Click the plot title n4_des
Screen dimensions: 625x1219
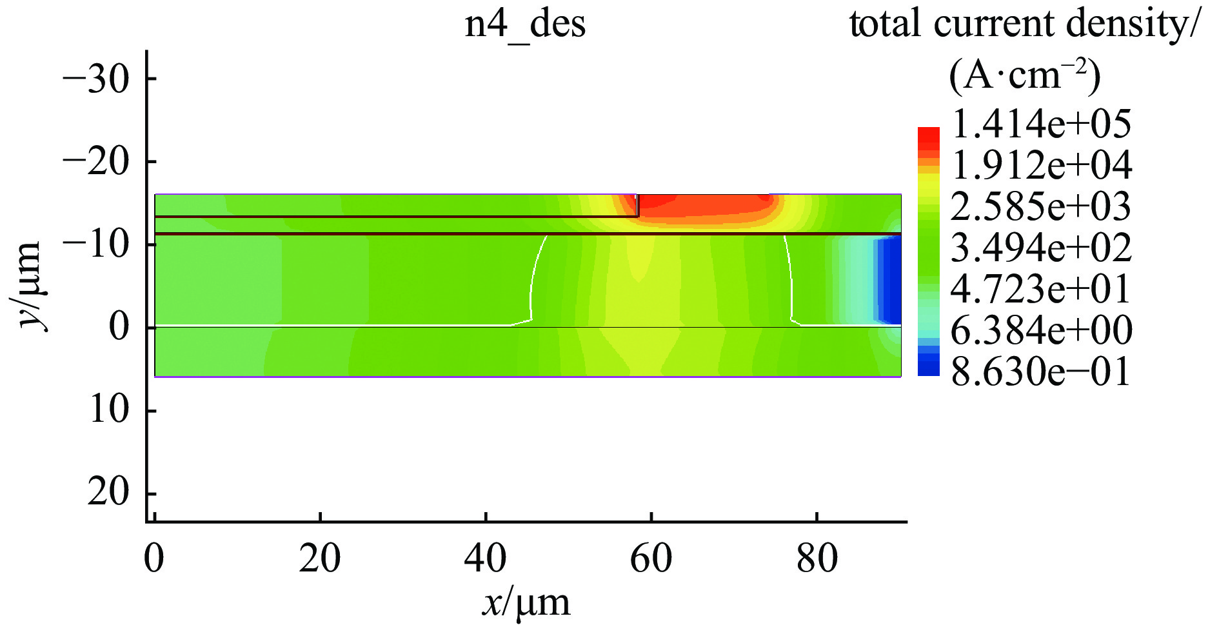525,25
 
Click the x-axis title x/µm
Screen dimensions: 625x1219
526,603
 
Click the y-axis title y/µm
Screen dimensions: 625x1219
29,286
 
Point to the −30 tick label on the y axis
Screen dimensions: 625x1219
95,79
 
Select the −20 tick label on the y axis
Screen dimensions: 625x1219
95,161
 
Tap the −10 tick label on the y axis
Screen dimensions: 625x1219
95,244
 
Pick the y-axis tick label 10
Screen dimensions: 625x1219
110,410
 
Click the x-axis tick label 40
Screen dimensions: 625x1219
485,558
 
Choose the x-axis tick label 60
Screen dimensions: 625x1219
651,558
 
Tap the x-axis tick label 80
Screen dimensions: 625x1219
817,558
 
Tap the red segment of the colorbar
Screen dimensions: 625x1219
929,137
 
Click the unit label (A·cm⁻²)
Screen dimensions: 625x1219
1024,76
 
